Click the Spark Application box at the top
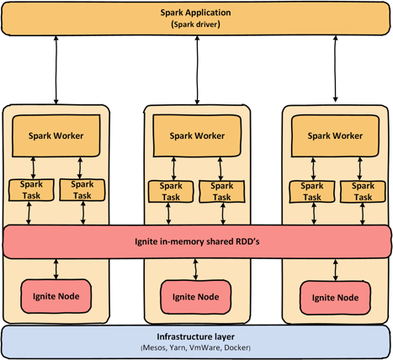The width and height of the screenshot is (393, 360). [195, 19]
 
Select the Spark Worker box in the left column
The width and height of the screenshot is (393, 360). [56, 135]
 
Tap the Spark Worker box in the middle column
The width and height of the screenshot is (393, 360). [197, 135]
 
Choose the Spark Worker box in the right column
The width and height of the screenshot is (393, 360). [335, 136]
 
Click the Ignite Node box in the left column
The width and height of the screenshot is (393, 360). [56, 296]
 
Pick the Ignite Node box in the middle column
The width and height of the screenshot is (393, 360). [195, 297]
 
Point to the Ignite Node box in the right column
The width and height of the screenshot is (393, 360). [335, 298]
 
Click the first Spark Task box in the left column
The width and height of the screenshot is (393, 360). [31, 190]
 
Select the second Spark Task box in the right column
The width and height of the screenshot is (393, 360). [363, 192]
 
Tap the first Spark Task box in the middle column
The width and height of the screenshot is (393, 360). [171, 192]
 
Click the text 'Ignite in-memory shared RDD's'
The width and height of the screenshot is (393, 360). [197, 241]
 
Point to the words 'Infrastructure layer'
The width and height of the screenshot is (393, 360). [195, 336]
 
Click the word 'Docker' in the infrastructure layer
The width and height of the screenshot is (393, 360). [236, 347]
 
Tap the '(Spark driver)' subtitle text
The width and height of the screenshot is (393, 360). [195, 24]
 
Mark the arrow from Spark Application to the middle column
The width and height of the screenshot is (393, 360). [197, 70]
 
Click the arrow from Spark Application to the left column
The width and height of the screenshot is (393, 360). [56, 70]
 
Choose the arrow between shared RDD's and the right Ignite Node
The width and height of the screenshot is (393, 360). [335, 270]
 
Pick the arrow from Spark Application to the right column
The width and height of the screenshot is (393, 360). [335, 69]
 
